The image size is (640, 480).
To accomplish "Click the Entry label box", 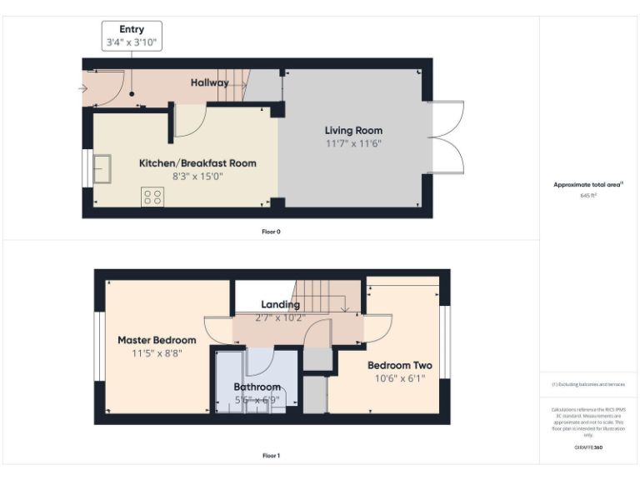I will click(132, 36).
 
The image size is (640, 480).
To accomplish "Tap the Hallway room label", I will click(209, 82).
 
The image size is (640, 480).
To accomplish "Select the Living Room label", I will click(353, 130).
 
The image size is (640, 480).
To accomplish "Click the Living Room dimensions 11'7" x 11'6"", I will click(353, 143).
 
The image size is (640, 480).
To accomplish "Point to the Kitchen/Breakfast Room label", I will click(197, 162).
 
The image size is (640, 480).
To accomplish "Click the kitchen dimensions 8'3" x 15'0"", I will click(197, 176).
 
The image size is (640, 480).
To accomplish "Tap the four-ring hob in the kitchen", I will click(152, 197).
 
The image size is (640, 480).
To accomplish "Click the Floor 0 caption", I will click(271, 231).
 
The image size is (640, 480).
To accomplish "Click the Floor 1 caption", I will click(271, 456).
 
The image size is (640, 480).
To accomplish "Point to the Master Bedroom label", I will click(157, 340).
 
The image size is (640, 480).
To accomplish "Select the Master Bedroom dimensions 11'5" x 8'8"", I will click(157, 353).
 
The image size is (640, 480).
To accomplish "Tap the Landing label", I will click(280, 305).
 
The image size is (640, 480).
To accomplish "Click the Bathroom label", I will click(257, 387).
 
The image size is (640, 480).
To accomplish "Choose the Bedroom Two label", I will click(400, 365).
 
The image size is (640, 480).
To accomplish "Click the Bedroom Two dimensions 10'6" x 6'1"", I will click(400, 378).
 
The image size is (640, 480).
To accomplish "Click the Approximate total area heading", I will click(588, 184).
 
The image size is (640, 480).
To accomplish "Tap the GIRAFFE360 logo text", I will click(588, 447).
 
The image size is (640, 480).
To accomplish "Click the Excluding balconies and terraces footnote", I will click(588, 384).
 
